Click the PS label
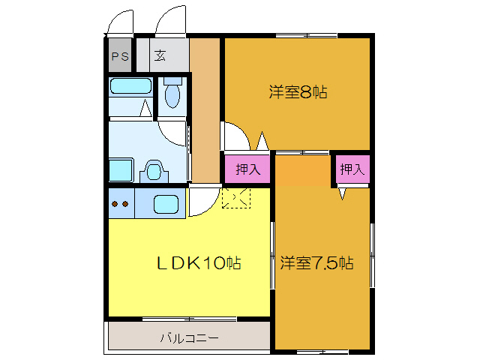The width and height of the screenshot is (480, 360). (120, 56)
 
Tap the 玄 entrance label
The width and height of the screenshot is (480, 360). (161, 56)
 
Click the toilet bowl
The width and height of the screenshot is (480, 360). (172, 95)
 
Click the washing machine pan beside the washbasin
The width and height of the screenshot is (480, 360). (121, 169)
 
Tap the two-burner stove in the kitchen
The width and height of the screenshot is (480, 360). (119, 203)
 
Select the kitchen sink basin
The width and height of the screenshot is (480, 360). (166, 203)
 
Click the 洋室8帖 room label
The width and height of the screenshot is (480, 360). (298, 92)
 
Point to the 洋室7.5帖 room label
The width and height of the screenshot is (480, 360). (316, 263)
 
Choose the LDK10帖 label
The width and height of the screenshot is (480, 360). (198, 263)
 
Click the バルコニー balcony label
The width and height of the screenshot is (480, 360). (188, 338)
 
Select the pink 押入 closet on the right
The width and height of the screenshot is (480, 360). (351, 169)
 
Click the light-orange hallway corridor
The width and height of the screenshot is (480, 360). (204, 112)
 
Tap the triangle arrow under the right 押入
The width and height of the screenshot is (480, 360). (342, 193)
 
